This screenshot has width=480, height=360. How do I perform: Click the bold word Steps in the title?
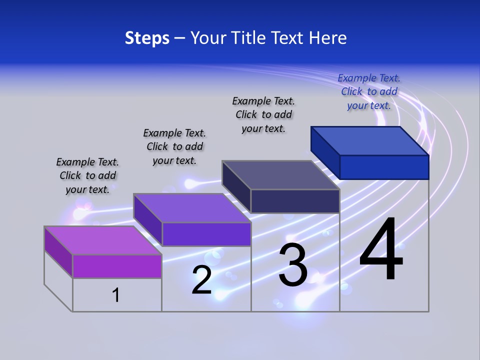pyautogui.click(x=147, y=38)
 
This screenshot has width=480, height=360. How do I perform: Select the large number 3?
pyautogui.click(x=293, y=265)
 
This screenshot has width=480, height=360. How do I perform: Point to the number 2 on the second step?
pyautogui.click(x=201, y=280)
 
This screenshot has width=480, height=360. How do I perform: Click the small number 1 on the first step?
pyautogui.click(x=116, y=295)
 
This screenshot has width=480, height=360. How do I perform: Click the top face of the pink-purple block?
pyautogui.click(x=102, y=240)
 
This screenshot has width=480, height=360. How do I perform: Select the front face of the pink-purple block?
pyautogui.click(x=117, y=266)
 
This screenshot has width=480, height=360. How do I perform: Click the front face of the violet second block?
pyautogui.click(x=206, y=234)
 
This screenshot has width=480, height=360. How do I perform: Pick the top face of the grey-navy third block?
pyautogui.click(x=280, y=175)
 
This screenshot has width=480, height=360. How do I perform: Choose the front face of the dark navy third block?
pyautogui.click(x=295, y=201)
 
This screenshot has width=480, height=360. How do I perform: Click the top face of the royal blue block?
pyautogui.click(x=369, y=141)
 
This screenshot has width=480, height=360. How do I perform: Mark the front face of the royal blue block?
pyautogui.click(x=384, y=167)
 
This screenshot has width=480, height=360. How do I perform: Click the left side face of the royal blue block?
pyautogui.click(x=325, y=151)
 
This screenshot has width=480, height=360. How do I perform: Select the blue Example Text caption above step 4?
pyautogui.click(x=369, y=91)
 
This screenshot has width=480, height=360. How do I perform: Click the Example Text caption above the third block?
pyautogui.click(x=263, y=114)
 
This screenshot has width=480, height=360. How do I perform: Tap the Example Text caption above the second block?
pyautogui.click(x=174, y=146)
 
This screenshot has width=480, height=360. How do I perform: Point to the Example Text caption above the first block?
pyautogui.click(x=87, y=175)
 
